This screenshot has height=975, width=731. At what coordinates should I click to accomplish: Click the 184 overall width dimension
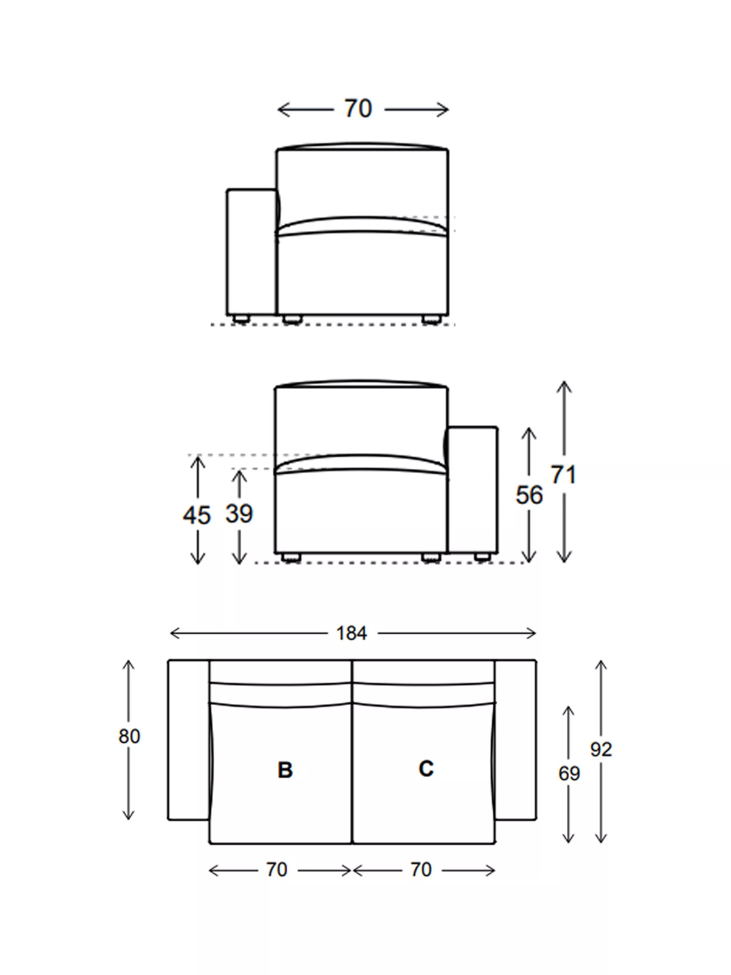351,633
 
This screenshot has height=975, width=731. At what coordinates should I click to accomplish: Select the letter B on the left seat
285,770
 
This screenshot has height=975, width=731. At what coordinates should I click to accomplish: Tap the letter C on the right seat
426,769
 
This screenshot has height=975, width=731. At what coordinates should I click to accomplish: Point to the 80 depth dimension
129,736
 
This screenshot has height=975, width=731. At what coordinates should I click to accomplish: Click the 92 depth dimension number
601,749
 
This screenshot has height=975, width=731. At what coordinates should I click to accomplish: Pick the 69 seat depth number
569,773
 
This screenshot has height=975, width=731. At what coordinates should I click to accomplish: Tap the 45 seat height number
197,515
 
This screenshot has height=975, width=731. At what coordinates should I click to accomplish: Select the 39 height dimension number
239,513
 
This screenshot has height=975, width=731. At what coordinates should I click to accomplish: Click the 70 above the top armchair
358,109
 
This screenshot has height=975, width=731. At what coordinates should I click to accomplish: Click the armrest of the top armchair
251,252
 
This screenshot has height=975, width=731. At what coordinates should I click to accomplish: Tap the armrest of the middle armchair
473,489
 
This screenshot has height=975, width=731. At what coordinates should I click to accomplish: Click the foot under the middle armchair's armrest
482,557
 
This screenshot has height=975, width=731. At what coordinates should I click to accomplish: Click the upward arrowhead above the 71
564,384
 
